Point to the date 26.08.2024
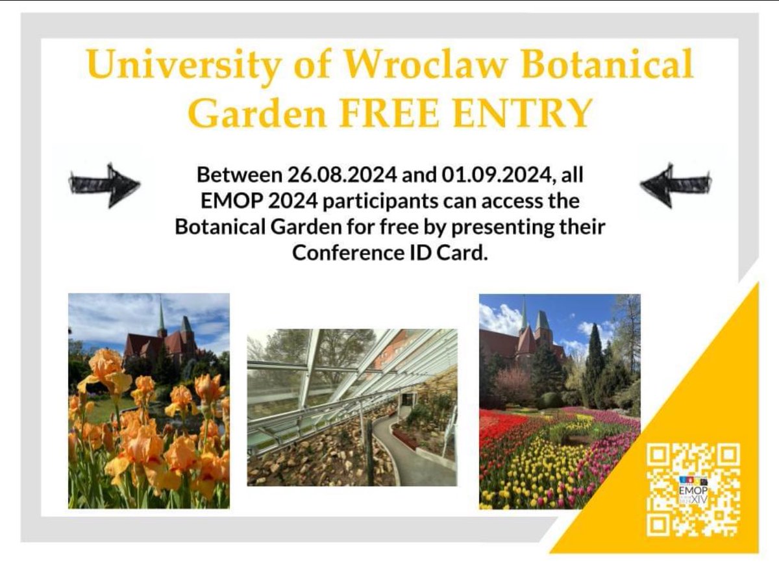[334, 175]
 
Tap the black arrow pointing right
[104, 185]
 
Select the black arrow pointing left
[676, 185]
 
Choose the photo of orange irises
[149, 400]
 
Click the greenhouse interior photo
[352, 407]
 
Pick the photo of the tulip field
[560, 401]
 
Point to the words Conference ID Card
[389, 253]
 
